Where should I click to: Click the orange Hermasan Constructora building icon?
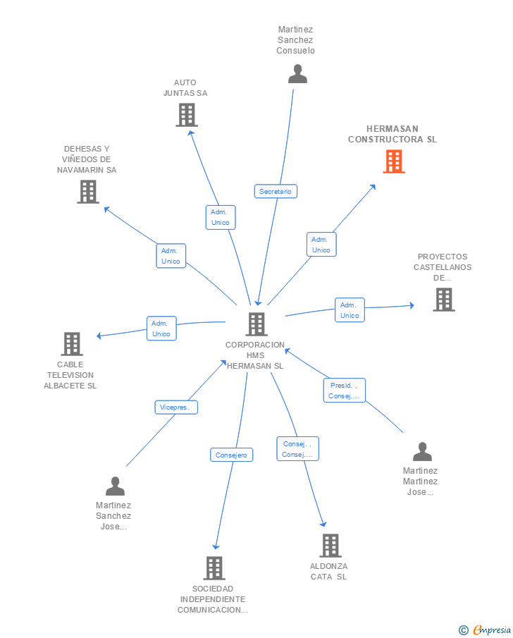click(393, 161)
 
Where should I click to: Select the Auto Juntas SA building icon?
click(186, 115)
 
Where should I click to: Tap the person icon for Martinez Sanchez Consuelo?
click(297, 74)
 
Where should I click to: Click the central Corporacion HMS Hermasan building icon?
click(256, 324)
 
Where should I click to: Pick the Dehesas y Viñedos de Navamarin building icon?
click(88, 191)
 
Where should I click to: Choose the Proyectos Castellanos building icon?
click(443, 300)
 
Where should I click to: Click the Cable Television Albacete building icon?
click(72, 344)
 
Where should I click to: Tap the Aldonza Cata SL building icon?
click(330, 545)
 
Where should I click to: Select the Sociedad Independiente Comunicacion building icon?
click(214, 568)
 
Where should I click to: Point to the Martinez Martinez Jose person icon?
click(421, 452)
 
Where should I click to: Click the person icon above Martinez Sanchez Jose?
click(115, 486)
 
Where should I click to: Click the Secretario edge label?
click(275, 191)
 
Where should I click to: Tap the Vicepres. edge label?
click(176, 407)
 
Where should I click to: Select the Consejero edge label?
click(231, 455)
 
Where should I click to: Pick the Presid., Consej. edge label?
click(344, 391)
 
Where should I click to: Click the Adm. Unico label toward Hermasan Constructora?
click(321, 245)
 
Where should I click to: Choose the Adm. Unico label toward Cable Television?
click(161, 329)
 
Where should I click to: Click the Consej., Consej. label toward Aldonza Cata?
click(297, 449)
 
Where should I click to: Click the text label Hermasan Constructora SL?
click(393, 134)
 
